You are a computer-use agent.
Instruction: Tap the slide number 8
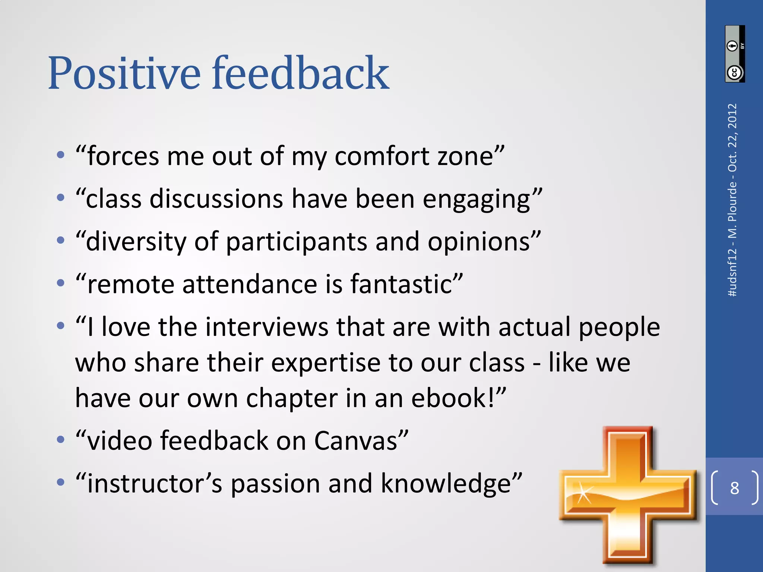point(734,488)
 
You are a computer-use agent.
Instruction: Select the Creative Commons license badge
point(735,54)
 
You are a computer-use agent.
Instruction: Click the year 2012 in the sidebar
point(732,117)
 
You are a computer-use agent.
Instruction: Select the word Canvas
point(356,441)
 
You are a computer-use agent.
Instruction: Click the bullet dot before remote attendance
point(61,283)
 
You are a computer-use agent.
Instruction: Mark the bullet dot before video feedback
point(61,440)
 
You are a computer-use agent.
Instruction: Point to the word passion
point(275,484)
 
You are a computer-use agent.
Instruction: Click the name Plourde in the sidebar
point(732,201)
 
